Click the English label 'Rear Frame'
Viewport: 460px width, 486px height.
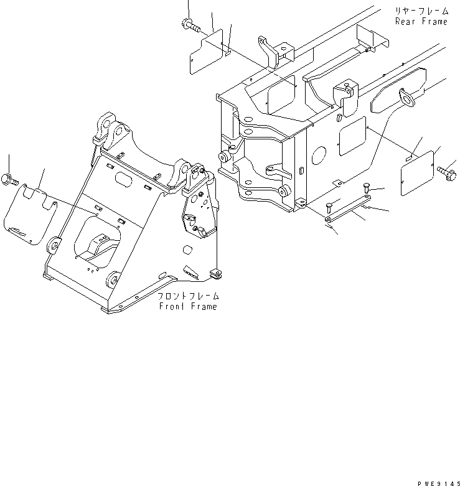pyautogui.click(x=421, y=21)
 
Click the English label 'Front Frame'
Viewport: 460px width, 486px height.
pyautogui.click(x=188, y=307)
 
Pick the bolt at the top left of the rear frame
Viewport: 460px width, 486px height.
pyautogui.click(x=189, y=25)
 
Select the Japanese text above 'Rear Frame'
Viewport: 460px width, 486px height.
pyautogui.click(x=420, y=11)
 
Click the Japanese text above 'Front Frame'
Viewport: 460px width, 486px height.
pyautogui.click(x=188, y=296)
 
